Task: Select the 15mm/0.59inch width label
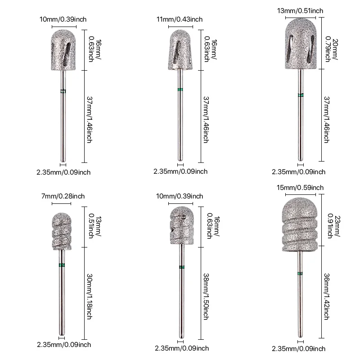click(300, 188)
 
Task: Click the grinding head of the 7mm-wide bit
click(61, 229)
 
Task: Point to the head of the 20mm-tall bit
click(300, 44)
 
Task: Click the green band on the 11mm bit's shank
click(180, 89)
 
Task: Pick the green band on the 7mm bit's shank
click(61, 265)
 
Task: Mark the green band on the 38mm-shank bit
click(181, 267)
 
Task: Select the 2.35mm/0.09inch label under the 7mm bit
click(65, 345)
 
